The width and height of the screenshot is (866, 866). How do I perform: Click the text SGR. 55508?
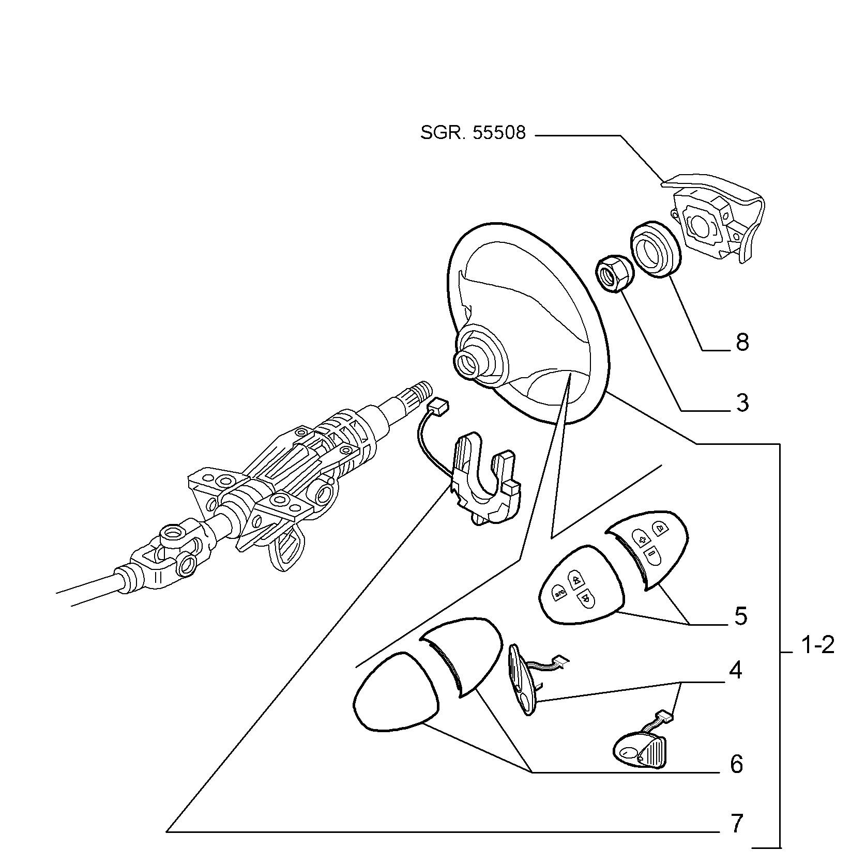click(x=473, y=133)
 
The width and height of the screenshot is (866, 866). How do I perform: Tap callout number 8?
click(x=742, y=342)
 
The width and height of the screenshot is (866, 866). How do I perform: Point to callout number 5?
click(x=741, y=616)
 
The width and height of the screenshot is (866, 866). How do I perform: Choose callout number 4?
click(x=736, y=670)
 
